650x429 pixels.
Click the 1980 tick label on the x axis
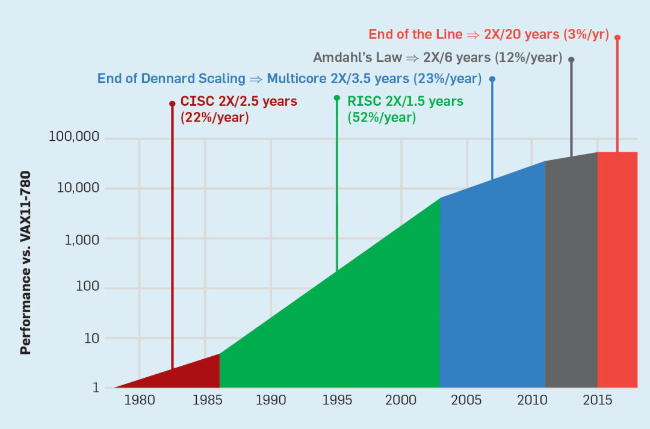pos(139,401)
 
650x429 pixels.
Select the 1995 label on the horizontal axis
pos(336,401)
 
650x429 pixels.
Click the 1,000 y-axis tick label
pos(82,238)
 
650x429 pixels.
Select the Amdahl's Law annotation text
pos(438,58)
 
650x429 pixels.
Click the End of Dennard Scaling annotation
pos(289,78)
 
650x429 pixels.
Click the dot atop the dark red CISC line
pos(172,103)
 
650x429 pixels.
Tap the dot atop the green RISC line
pos(336,97)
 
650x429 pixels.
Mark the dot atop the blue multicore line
pos(492,79)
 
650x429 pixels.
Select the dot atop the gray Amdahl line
pos(571,60)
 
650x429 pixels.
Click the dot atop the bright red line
pos(617,37)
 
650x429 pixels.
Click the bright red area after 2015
pos(617,271)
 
